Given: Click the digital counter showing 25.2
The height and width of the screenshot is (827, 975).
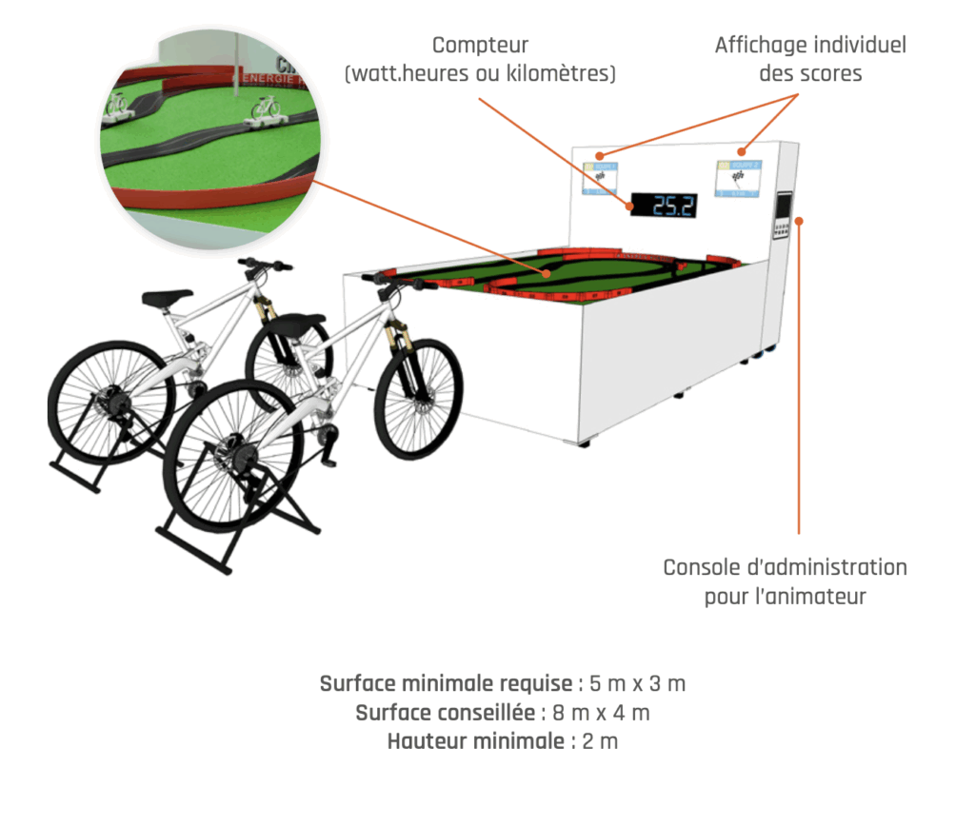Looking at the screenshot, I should pos(664,206).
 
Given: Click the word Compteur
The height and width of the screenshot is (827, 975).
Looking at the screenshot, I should pos(480,45).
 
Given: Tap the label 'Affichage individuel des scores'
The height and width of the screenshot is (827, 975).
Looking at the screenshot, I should pos(810,58).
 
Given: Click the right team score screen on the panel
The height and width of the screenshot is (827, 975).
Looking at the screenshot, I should pos(739,178).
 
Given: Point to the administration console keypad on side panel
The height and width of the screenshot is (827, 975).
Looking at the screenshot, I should pos(783,217).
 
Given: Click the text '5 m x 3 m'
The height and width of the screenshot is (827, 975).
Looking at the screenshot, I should pos(638,683).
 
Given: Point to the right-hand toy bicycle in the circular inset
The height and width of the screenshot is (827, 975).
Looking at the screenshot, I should pos(267,108).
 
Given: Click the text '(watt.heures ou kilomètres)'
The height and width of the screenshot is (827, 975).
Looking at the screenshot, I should pos(480,73).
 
